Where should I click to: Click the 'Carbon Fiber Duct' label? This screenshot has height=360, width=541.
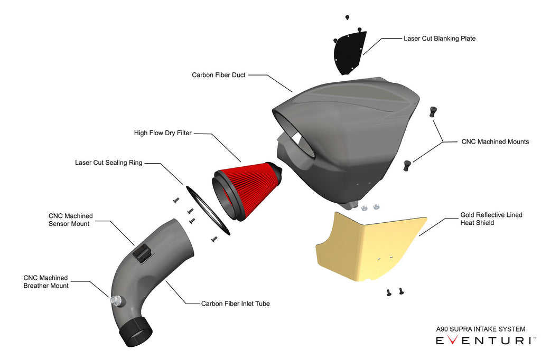218,75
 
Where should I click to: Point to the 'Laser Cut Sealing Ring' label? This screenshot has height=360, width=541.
108,163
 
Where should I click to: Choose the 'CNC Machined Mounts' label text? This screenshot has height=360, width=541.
495,141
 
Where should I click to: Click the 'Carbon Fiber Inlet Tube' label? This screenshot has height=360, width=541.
235,304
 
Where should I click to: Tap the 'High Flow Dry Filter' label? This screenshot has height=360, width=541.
163,133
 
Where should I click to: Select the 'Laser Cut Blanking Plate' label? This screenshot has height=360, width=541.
440,39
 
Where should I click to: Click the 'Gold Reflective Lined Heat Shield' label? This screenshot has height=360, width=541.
491,219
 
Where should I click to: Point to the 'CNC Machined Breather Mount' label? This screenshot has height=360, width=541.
45,281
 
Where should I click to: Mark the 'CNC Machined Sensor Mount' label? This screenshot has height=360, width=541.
70,220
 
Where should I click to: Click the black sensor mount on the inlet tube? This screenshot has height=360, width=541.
142,253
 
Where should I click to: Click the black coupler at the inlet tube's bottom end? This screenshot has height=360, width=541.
138,331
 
